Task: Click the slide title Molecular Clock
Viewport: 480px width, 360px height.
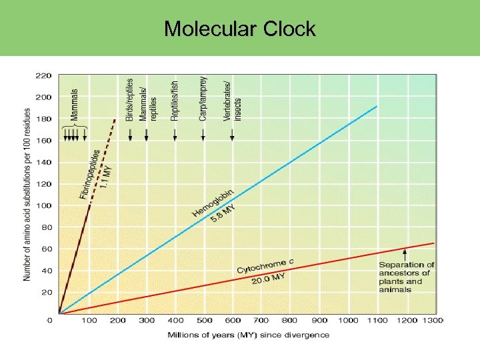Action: [x=239, y=29]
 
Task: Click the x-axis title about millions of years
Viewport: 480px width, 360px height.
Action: [x=248, y=335]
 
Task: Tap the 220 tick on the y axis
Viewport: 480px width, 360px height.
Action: [x=43, y=75]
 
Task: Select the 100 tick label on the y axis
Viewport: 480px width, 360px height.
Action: [x=43, y=205]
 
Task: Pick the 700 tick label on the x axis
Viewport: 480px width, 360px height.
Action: [x=262, y=321]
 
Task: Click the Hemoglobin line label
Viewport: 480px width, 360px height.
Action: [x=213, y=202]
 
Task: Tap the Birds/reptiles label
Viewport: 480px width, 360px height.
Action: [x=130, y=99]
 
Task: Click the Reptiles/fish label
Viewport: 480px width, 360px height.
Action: [x=175, y=99]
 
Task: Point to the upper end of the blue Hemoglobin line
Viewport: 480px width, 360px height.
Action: [x=377, y=106]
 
